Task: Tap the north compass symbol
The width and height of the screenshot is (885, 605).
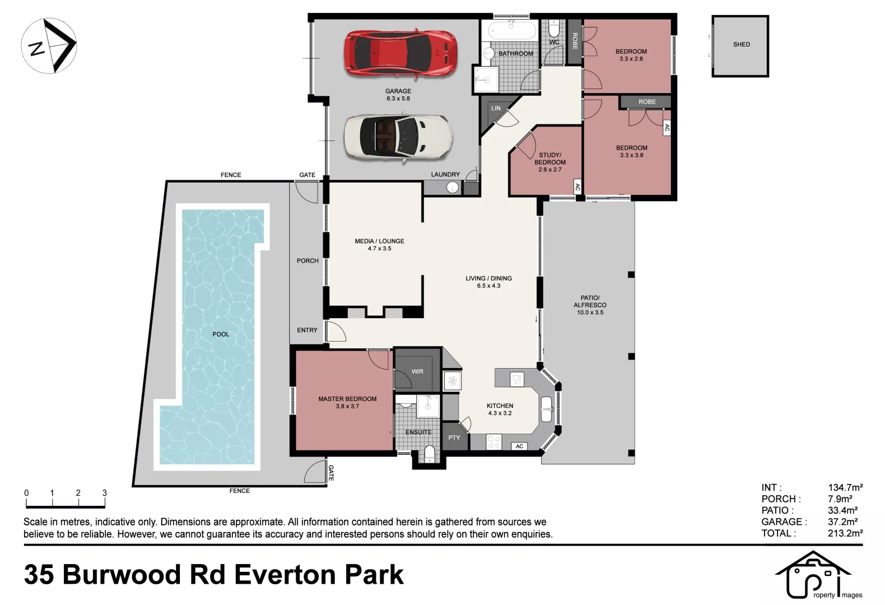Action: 49,46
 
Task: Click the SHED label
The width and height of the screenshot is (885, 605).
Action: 741,44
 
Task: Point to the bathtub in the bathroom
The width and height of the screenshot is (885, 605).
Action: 512,30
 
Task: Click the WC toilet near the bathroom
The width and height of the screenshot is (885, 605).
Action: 554,28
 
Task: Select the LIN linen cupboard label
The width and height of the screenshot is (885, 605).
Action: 496,108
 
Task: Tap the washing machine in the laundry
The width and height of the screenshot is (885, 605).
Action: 453,188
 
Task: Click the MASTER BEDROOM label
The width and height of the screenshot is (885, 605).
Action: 347,399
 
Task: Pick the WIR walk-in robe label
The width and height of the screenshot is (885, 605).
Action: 417,371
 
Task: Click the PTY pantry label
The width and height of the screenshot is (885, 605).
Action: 454,438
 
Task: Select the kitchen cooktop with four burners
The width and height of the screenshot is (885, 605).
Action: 493,443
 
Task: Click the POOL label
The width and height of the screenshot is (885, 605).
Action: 221,334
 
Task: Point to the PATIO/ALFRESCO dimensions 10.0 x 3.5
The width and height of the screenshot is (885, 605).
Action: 590,313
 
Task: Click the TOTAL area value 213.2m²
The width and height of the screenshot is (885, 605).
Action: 845,533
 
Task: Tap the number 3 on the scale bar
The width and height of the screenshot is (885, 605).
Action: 105,493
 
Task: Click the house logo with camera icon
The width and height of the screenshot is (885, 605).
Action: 812,575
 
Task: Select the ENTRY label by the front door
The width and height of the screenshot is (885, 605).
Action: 307,330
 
